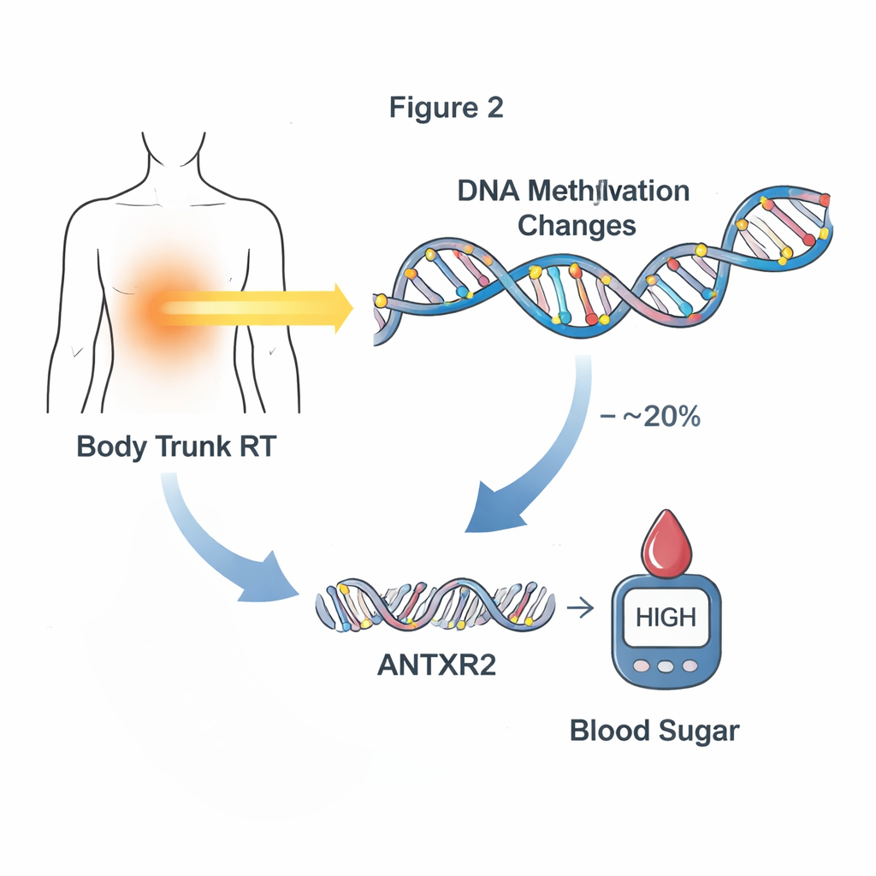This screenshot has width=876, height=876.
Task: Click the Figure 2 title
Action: point(446,108)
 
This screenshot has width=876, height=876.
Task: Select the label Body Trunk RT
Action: point(176,447)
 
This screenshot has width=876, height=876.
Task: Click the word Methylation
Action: point(603,191)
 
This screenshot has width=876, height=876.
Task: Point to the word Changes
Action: point(577,226)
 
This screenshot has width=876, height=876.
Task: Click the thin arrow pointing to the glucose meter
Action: point(581,609)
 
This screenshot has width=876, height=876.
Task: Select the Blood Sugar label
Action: point(654,732)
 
